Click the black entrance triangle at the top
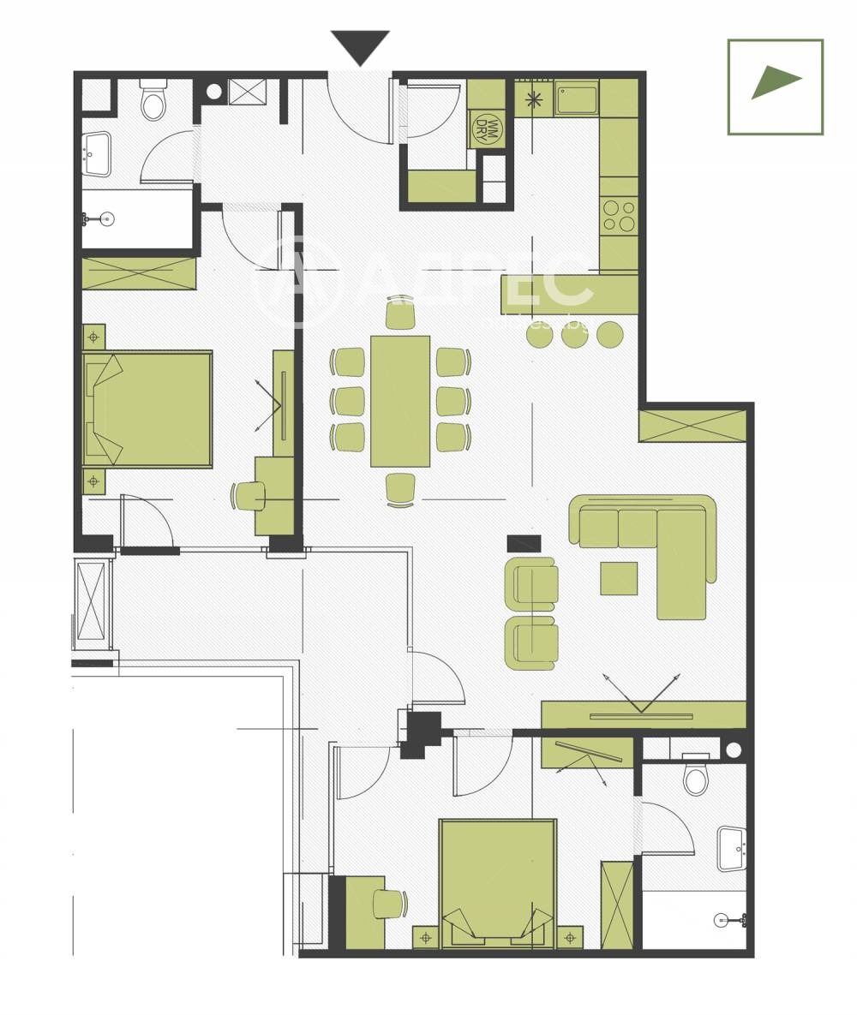(x=360, y=45)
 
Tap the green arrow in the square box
(x=774, y=82)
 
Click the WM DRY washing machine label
(x=487, y=128)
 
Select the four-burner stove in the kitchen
(x=618, y=215)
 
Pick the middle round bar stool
(x=575, y=334)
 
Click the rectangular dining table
(x=400, y=401)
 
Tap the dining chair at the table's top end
(x=400, y=315)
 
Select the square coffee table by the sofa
(x=619, y=578)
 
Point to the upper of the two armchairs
(x=532, y=583)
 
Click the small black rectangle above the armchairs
(x=524, y=543)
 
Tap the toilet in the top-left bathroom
(x=153, y=102)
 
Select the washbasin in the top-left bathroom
(x=96, y=154)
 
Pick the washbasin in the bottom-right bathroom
(x=732, y=849)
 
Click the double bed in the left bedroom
(x=147, y=409)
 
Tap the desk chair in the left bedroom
(x=249, y=495)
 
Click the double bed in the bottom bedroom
(x=498, y=882)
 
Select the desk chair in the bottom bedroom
(x=389, y=904)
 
